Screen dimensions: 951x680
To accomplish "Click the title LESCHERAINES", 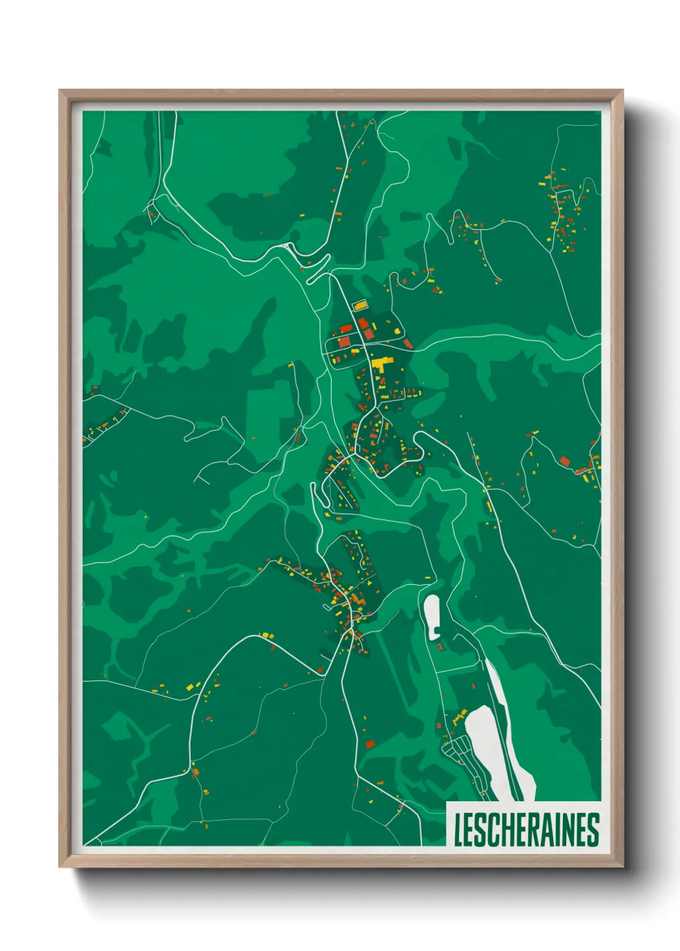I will click(526, 830).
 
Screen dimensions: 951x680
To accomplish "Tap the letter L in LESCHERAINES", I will click(459, 830).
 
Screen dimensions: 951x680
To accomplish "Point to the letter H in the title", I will click(510, 830).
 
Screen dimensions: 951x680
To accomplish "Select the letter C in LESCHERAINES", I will click(496, 830).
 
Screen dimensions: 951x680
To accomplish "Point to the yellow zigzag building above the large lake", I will click(460, 715).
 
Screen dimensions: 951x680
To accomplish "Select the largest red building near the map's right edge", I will click(565, 461).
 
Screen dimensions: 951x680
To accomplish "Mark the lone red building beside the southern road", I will click(370, 744).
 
